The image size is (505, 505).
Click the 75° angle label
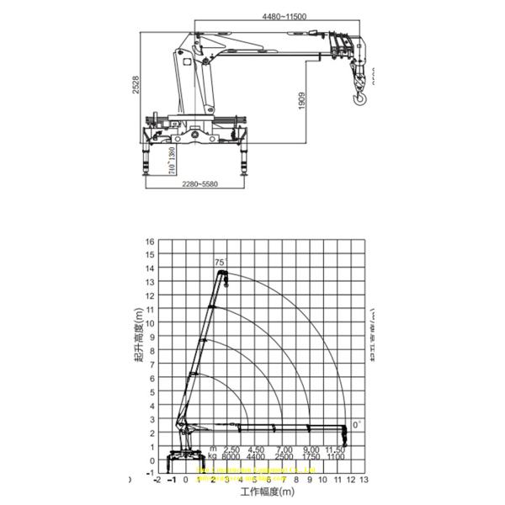coord(221,263)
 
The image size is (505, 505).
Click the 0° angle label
coord(357,425)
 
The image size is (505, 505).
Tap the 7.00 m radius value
coord(285,449)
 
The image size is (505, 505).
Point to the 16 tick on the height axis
coord(151,241)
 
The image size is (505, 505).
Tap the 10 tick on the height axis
coord(151,323)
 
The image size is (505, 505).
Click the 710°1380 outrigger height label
coord(173,158)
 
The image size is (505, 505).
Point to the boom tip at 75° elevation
coord(222,273)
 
